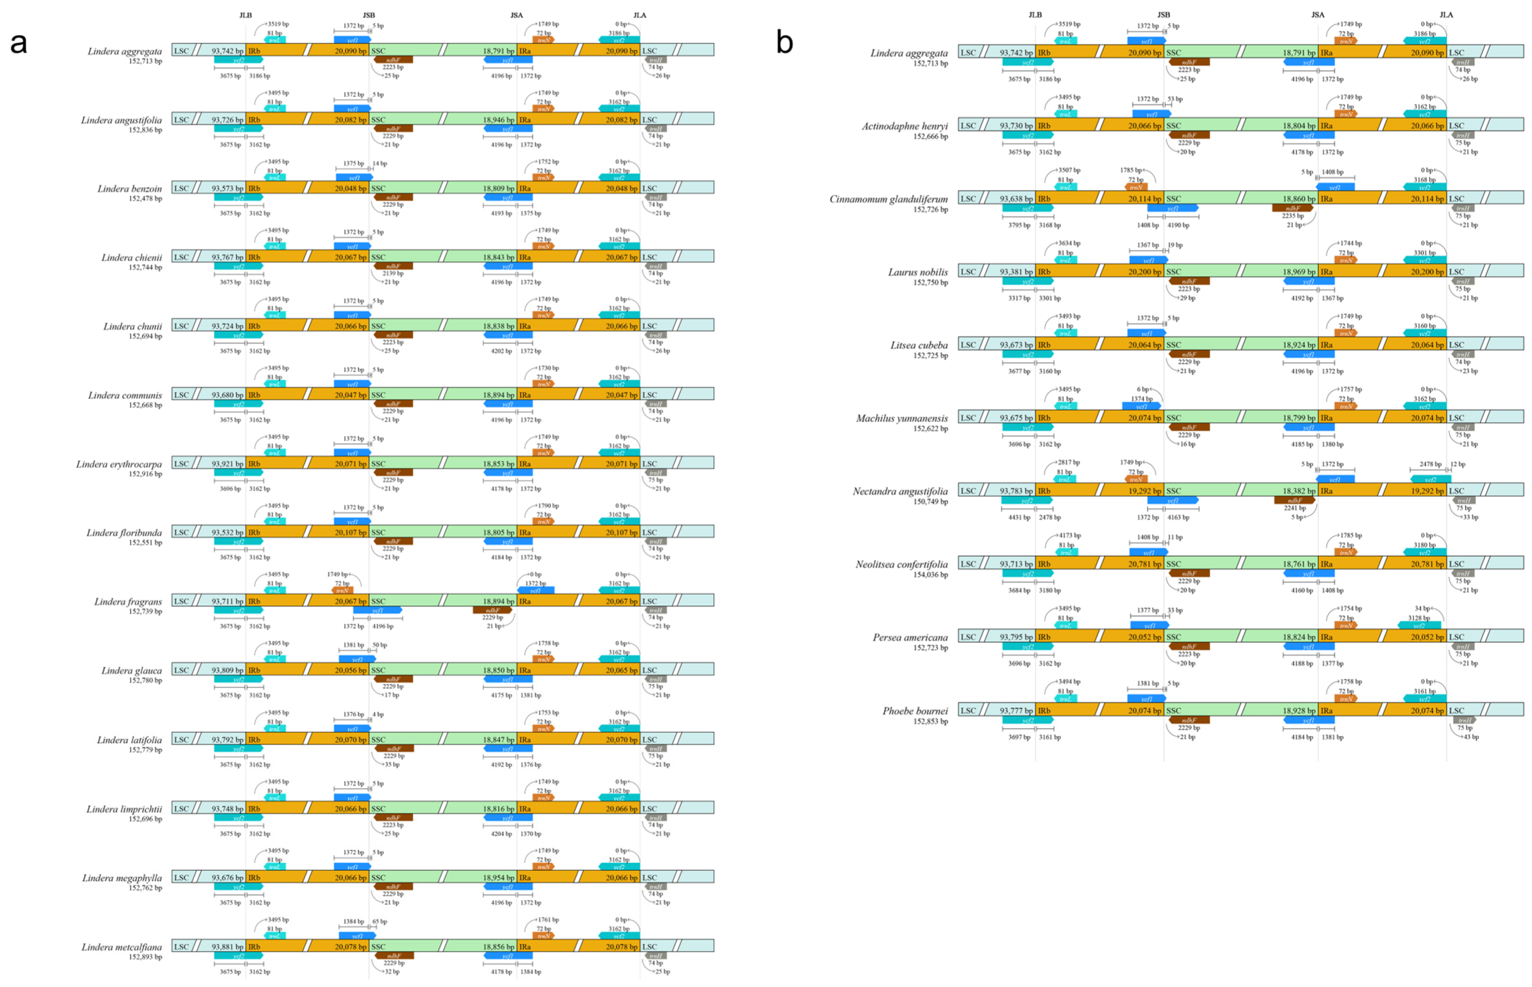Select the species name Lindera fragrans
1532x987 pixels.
coord(128,601)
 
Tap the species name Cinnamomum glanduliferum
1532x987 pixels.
coord(888,199)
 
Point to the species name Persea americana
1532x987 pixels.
coord(910,637)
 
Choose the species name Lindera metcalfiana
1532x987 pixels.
coord(122,947)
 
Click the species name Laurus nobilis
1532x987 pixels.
coord(917,272)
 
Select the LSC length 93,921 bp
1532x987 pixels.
coord(227,463)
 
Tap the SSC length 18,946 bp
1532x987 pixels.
coord(498,120)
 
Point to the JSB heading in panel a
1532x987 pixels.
coord(369,15)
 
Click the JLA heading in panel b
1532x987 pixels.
coord(1446,15)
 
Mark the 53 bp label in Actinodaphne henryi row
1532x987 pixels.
coord(1175,99)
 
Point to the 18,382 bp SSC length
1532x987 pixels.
coord(1298,491)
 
